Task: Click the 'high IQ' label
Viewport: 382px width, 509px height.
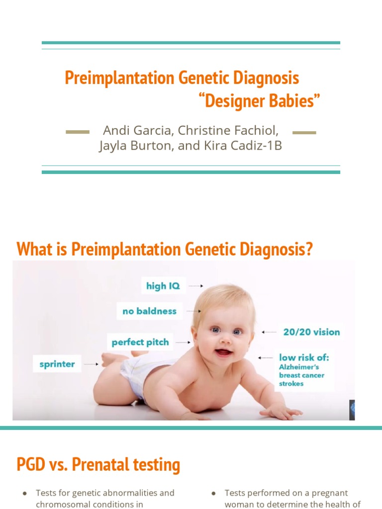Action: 163,286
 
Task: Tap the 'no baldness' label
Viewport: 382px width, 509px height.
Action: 149,311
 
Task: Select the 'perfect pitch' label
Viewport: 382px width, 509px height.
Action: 140,342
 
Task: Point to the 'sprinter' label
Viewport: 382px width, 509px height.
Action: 57,364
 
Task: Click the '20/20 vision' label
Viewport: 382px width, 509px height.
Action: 311,332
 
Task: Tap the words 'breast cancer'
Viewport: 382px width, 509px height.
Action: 301,375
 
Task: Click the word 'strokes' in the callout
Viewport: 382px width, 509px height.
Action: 291,384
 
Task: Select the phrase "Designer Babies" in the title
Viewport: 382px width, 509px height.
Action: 259,101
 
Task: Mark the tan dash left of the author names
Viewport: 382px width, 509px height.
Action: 78,132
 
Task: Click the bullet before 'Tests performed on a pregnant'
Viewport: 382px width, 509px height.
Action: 213,493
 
